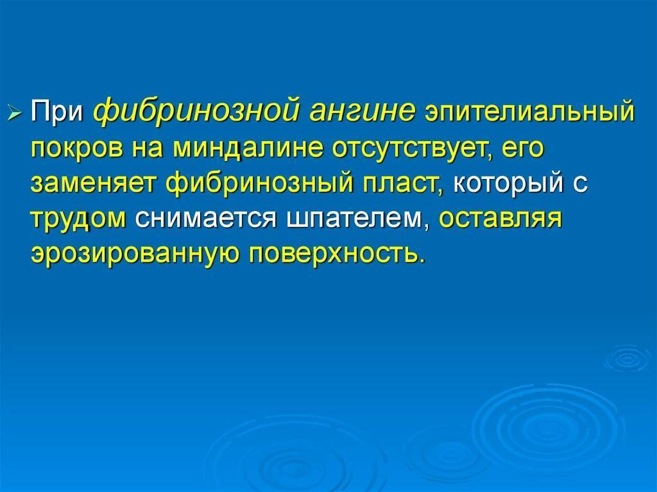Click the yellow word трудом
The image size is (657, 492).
pos(78,219)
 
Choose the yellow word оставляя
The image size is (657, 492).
pos(501,219)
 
